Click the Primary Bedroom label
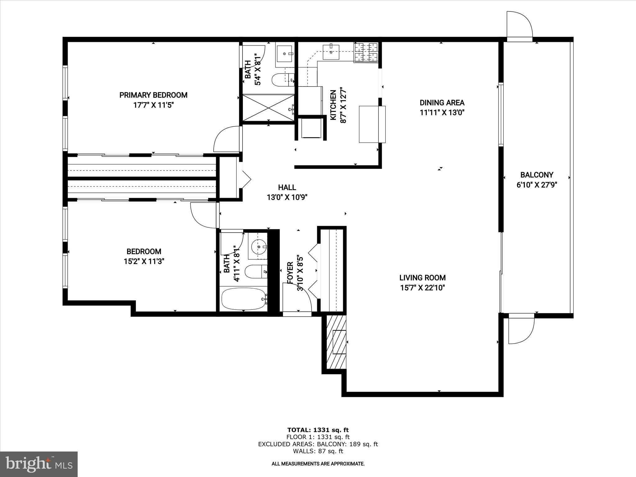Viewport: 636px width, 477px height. tap(153, 95)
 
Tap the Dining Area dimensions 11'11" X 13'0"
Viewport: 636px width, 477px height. tap(442, 113)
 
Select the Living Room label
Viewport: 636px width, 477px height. tap(422, 278)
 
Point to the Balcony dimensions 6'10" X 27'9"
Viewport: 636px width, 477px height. tap(537, 185)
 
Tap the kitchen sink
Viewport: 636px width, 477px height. tap(331, 52)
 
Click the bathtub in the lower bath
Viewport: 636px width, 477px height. tap(243, 299)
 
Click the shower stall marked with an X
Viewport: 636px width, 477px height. tap(268, 108)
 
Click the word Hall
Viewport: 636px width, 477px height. tap(287, 187)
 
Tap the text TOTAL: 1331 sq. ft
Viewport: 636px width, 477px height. tap(318, 430)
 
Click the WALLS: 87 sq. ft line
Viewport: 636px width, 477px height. tap(318, 451)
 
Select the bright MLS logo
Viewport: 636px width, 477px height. tap(39, 464)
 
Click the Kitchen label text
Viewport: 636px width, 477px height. tap(333, 105)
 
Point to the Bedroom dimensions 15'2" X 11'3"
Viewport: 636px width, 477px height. tap(144, 261)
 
